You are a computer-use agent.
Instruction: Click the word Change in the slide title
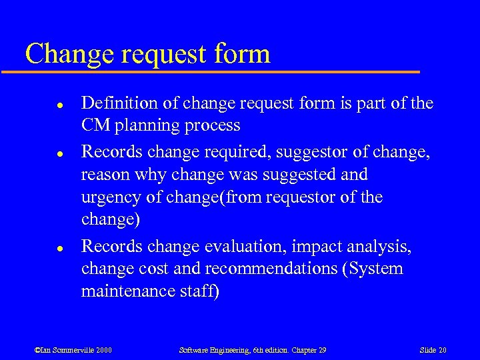coord(66,53)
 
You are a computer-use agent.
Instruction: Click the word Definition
coord(114,103)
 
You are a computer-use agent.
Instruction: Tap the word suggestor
coord(297,151)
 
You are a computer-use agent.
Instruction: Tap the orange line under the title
coord(220,71)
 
